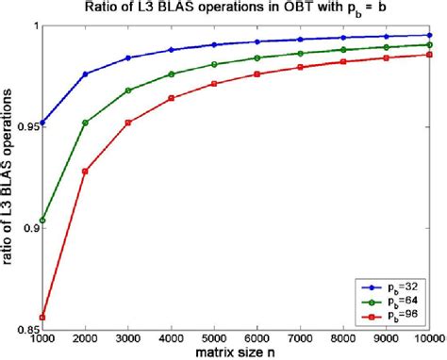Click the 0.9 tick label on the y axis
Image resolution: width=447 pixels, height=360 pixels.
[x=29, y=227]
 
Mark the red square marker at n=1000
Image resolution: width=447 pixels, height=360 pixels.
[x=43, y=317]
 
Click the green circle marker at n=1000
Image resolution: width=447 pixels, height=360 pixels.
[x=43, y=220]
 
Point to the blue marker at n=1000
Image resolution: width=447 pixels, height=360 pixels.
[x=43, y=123]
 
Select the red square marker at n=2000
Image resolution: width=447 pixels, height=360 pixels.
[x=86, y=171]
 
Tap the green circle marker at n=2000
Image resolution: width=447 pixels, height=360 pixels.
[x=86, y=123]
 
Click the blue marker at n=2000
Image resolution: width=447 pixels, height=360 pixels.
[x=86, y=74]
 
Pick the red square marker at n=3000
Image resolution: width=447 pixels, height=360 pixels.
[x=129, y=123]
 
